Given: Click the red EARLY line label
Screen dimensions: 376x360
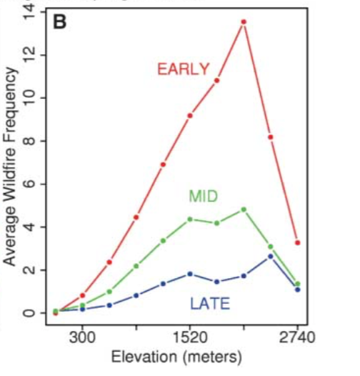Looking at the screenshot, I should (x=184, y=69).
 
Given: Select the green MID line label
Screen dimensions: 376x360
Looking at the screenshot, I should (x=204, y=196).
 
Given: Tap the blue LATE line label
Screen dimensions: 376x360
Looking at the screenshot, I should (x=210, y=304).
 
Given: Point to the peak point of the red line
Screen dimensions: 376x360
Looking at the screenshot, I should (x=244, y=22).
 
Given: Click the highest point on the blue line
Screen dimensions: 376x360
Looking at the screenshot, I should (x=271, y=256).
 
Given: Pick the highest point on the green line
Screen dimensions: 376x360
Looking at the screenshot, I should (x=244, y=209).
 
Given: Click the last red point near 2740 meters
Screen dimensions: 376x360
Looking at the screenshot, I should (x=297, y=243).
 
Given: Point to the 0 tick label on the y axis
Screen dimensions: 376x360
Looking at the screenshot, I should (x=29, y=313).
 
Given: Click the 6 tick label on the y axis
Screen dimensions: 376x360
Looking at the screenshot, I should (x=29, y=184).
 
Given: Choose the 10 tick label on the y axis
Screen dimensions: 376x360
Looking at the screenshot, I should (x=29, y=98).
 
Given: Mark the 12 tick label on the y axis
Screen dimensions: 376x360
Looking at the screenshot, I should (x=29, y=55).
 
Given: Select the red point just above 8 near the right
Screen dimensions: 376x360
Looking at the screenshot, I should (x=271, y=137).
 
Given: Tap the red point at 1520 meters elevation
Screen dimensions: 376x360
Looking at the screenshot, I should (x=190, y=116).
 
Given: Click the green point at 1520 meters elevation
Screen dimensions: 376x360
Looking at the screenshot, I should (x=190, y=219).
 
